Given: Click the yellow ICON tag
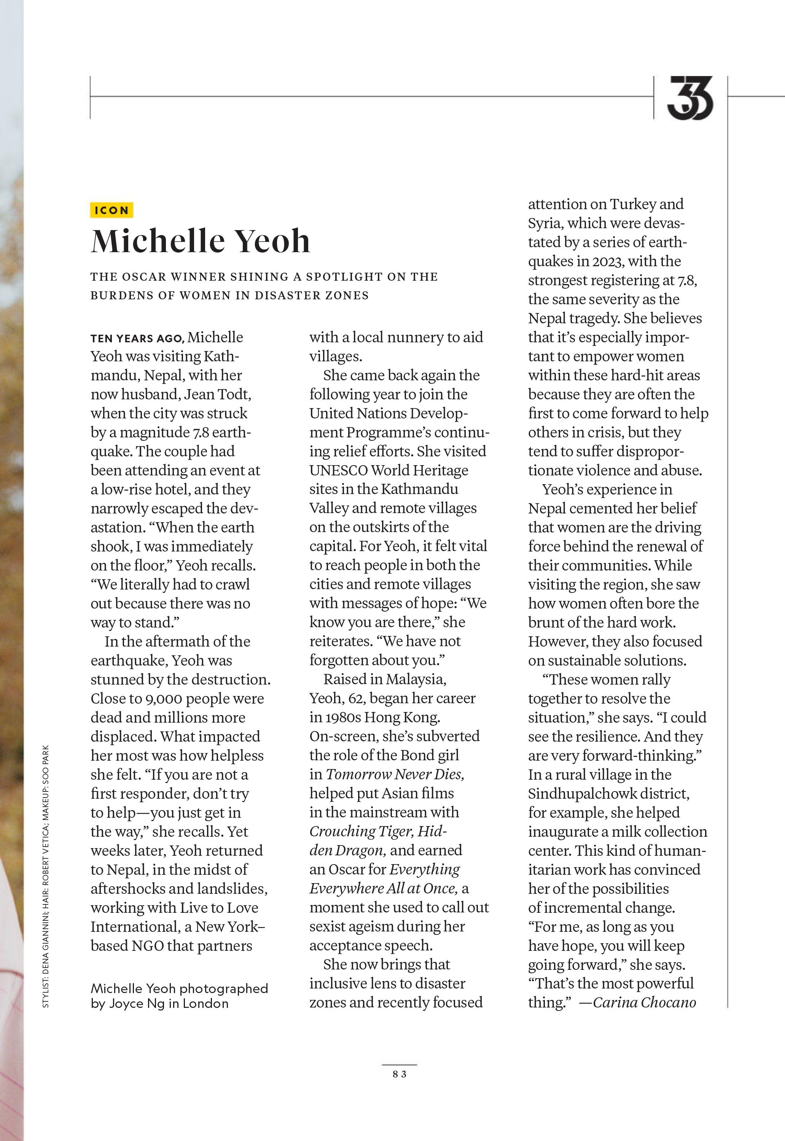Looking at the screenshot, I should click(x=111, y=210).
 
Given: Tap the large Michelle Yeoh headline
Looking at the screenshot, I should click(x=200, y=242).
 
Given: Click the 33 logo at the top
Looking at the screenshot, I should click(x=690, y=97).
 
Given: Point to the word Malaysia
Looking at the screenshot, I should click(x=416, y=679).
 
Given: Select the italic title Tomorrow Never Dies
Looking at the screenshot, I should click(x=395, y=774).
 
